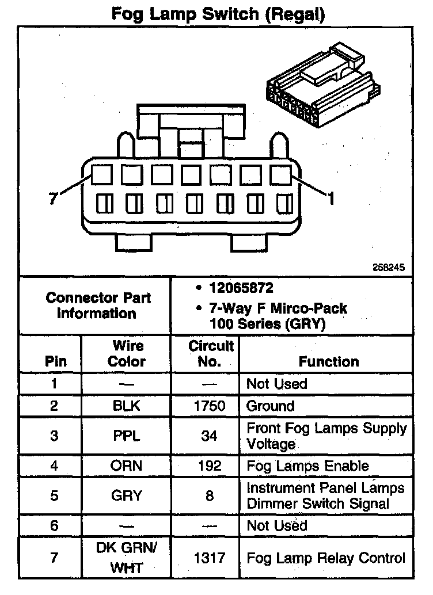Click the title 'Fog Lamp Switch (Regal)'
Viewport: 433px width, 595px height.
tap(218, 14)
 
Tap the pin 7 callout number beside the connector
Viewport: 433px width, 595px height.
tap(52, 199)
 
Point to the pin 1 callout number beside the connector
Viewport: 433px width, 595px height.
tap(330, 199)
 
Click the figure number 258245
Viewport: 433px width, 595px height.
tap(390, 268)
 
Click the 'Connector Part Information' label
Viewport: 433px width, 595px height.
tap(98, 306)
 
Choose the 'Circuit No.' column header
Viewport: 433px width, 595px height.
tap(210, 353)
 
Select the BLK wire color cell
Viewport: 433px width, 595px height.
tap(127, 406)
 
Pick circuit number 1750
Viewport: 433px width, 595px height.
tap(210, 406)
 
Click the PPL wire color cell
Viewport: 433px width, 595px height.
tap(127, 436)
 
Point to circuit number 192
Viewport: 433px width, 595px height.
tap(210, 466)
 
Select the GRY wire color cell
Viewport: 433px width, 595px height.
tap(127, 495)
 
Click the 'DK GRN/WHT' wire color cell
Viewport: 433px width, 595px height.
tap(127, 558)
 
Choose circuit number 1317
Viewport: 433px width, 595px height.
tap(210, 558)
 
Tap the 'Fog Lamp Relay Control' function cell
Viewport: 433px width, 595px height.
tap(326, 558)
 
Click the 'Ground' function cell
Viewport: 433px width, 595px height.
tap(270, 406)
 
